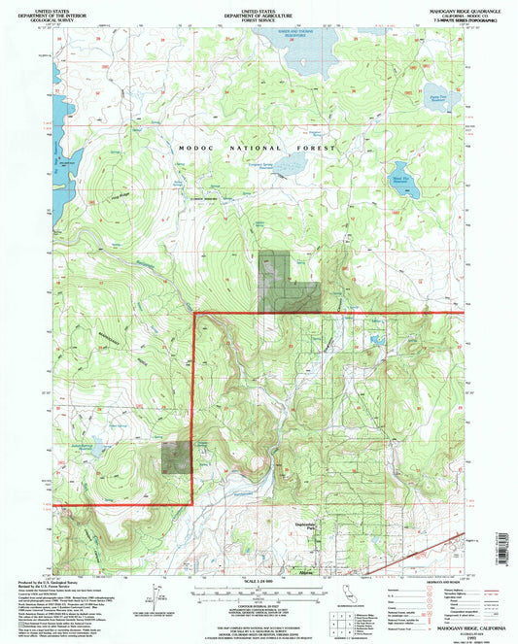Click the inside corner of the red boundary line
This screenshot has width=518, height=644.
[x=195, y=315]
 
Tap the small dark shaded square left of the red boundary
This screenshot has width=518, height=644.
[x=176, y=456]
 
